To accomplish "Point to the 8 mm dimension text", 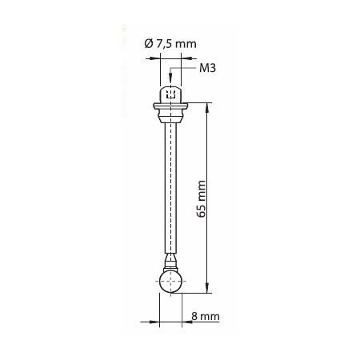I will coord(206,318).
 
